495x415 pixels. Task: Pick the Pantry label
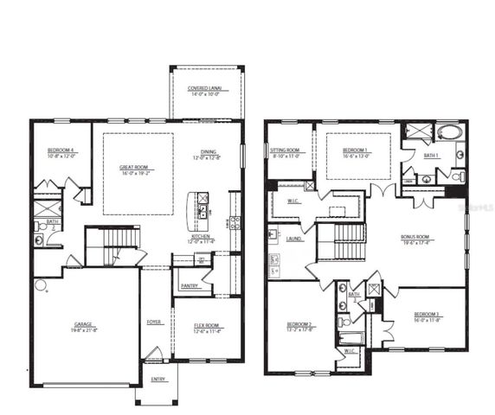tap(190, 286)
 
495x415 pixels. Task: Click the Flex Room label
tap(207, 326)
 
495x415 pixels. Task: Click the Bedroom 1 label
tap(355, 150)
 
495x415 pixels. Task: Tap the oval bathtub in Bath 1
tap(449, 133)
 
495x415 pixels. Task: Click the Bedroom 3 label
tap(428, 315)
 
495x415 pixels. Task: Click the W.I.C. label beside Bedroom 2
tap(350, 351)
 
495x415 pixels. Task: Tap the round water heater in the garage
tap(40, 284)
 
